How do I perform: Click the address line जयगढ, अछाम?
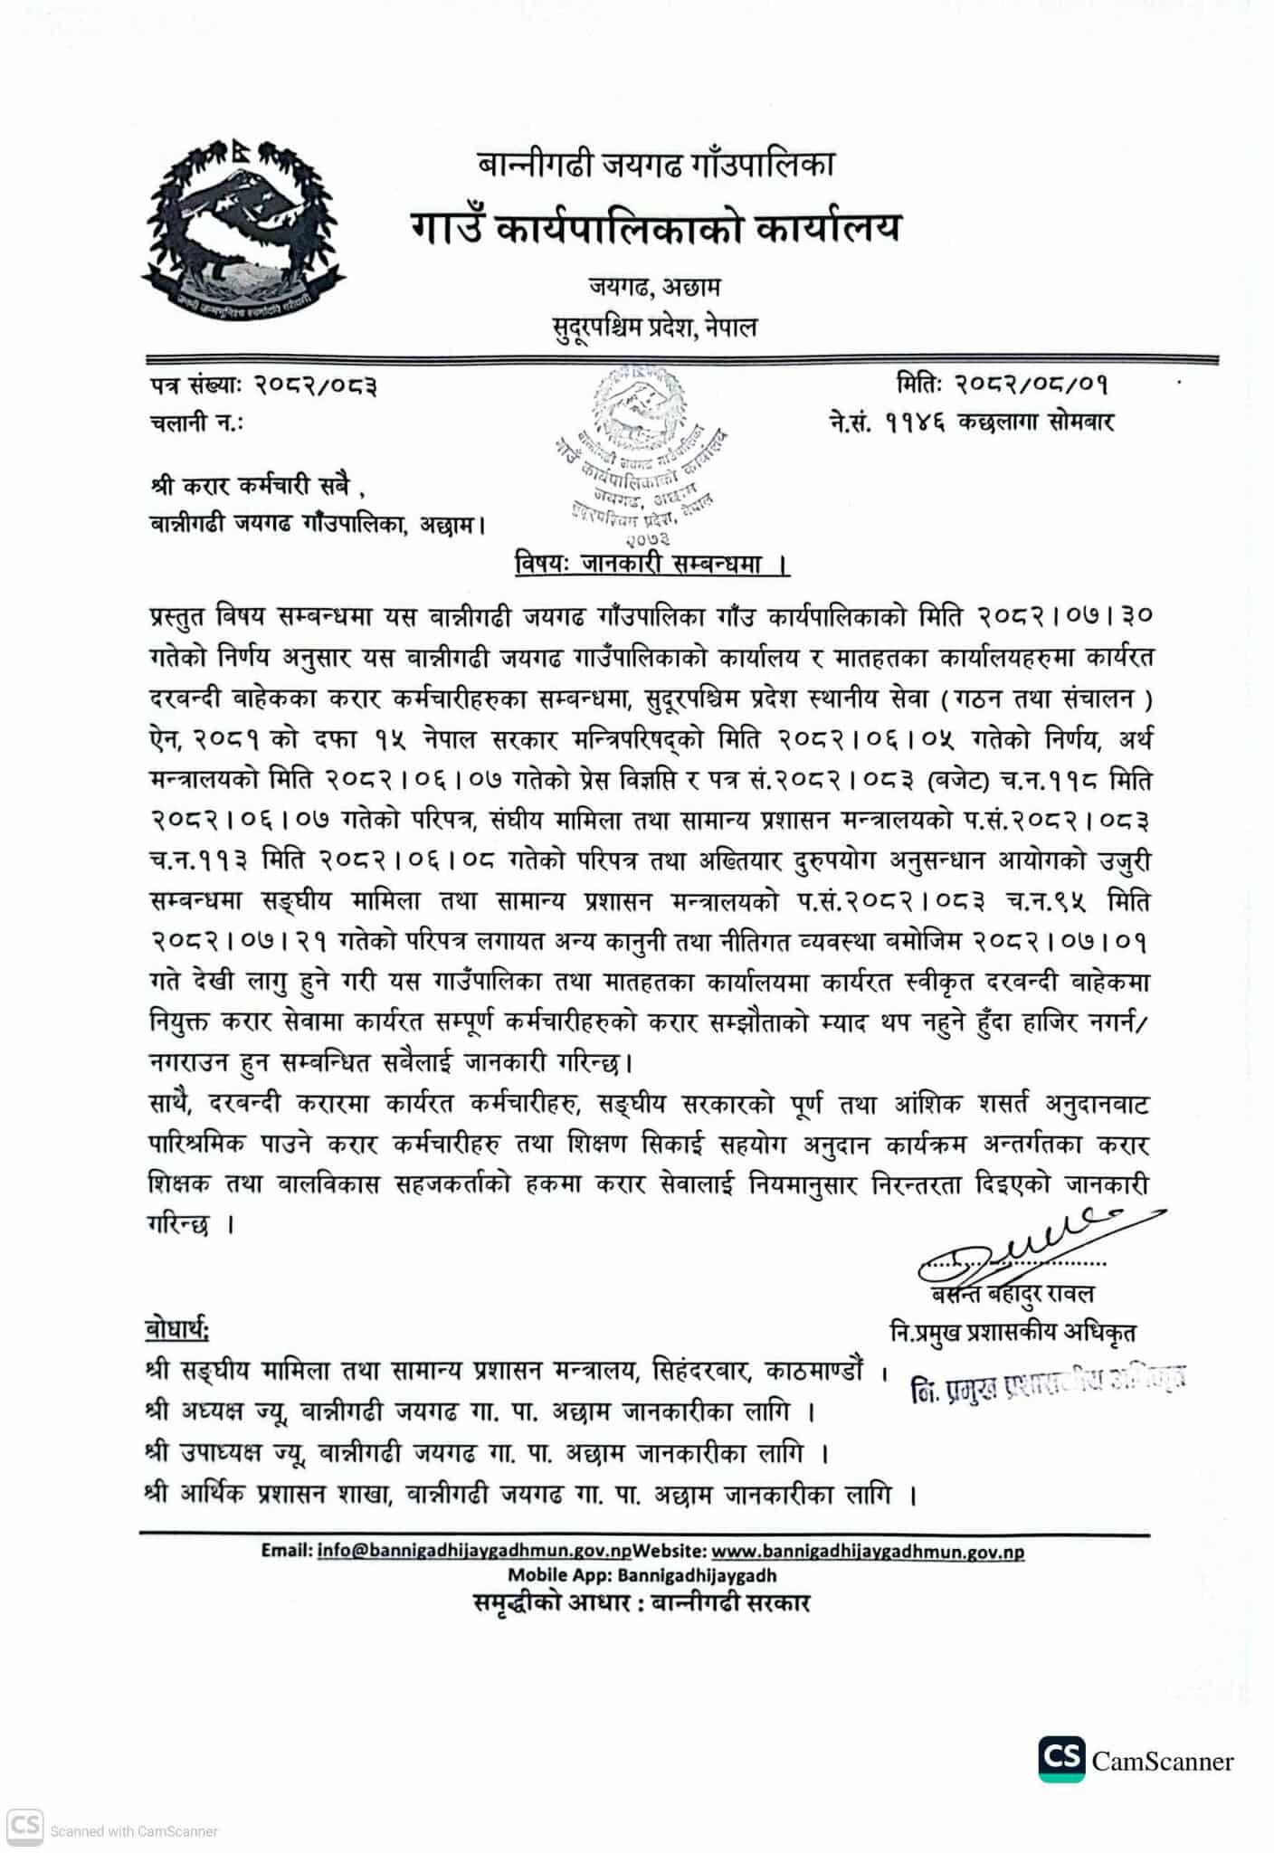click(x=654, y=287)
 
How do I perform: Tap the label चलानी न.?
click(x=196, y=423)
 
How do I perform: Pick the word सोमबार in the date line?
click(x=1082, y=422)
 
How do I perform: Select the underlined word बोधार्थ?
click(x=177, y=1330)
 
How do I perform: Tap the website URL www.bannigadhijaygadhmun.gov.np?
click(x=868, y=1551)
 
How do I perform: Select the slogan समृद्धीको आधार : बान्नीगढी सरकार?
click(x=642, y=1602)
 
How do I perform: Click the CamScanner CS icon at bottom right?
click(x=1060, y=1759)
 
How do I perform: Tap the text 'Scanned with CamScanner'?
click(x=134, y=1831)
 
